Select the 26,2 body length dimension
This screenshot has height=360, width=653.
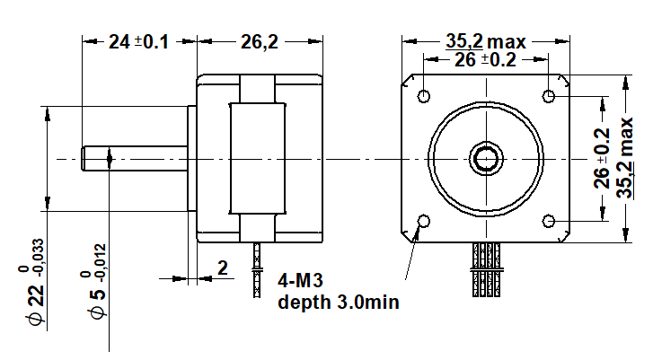click(258, 41)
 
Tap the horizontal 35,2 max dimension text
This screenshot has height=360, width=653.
click(485, 41)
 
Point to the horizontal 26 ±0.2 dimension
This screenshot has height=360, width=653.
click(485, 60)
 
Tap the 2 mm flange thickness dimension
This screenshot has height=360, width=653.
click(223, 268)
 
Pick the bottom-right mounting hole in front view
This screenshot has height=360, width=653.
click(549, 220)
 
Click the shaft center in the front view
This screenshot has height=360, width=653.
click(487, 159)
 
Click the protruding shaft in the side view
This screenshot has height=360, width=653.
click(135, 159)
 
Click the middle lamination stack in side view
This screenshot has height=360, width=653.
click(258, 159)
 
